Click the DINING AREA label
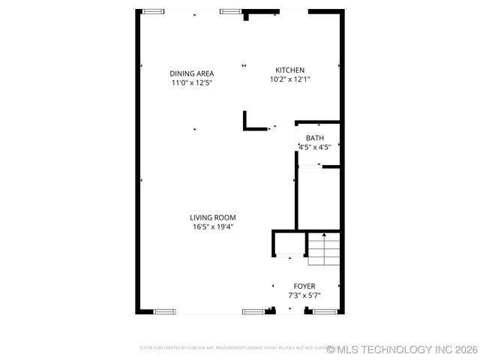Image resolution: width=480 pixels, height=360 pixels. point(192,73)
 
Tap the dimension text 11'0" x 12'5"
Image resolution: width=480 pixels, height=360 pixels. point(192,83)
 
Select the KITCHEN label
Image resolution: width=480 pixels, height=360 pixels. point(289,70)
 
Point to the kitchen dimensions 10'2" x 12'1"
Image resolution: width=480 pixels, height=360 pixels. point(289,79)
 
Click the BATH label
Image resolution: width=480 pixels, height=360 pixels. point(315,138)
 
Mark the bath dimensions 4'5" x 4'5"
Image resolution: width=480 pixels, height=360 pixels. point(315,148)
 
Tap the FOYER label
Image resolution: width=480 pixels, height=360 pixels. point(304,286)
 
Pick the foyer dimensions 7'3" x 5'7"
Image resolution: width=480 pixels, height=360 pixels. point(304,295)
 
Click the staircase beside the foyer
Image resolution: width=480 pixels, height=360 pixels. point(324,249)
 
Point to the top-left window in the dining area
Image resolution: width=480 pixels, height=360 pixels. point(154,11)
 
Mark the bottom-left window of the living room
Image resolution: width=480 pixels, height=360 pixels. point(164,311)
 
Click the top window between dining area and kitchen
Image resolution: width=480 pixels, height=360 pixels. point(231,11)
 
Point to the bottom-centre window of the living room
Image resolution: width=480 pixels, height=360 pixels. point(253,311)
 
